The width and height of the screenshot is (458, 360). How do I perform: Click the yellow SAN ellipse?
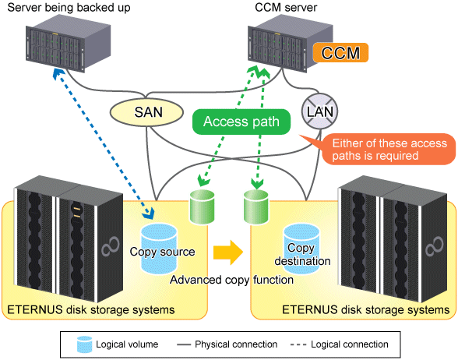pos(146,112)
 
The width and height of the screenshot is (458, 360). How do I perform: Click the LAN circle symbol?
pos(320,111)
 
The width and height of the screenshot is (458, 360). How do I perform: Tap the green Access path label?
pos(241,122)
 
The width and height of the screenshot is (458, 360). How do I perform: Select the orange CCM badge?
pos(340,53)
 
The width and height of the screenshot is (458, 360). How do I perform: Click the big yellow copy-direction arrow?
pos(228,252)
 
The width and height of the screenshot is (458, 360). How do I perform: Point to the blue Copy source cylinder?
pos(159,249)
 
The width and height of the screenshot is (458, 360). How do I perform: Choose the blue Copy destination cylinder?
pos(301,249)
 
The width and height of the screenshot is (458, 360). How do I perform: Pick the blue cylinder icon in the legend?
pos(85,344)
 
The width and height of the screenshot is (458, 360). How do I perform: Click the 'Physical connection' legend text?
pos(236,344)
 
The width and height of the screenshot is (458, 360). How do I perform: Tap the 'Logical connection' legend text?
pos(349,344)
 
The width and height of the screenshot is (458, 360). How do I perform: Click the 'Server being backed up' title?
pos(69,8)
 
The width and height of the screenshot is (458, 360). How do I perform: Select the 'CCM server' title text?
pos(286,7)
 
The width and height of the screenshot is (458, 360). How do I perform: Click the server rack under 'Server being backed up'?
pos(68,43)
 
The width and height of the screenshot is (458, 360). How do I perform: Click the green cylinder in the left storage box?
pos(203,207)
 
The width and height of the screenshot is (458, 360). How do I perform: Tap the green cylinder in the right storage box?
pos(256,207)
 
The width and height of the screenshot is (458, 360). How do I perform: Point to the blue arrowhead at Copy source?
pos(149,213)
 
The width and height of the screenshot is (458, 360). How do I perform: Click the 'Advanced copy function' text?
pos(231,280)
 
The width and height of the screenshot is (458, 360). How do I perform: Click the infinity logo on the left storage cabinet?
pos(111,246)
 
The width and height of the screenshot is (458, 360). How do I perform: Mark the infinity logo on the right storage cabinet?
pos(435,246)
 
